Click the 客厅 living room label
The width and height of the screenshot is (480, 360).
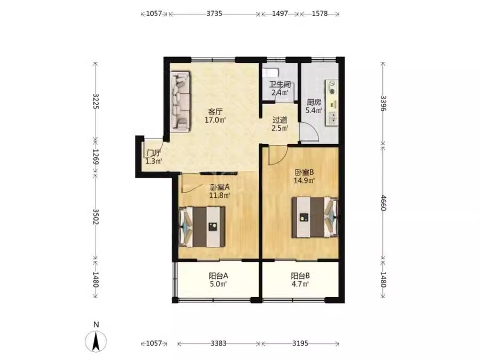tap(215, 111)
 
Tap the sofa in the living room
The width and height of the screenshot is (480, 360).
tap(181, 102)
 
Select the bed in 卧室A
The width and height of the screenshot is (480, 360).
tap(202, 227)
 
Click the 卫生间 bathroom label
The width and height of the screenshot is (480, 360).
tap(280, 84)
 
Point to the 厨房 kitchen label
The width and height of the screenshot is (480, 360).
tap(314, 102)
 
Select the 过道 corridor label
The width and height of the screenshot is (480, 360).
tap(280, 120)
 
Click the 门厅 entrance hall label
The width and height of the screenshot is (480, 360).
tap(154, 153)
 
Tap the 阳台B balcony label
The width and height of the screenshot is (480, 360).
tap(300, 276)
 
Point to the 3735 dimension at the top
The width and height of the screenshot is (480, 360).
tap(214, 14)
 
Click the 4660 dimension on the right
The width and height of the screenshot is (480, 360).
tap(383, 203)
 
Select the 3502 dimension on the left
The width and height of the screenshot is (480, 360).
tap(96, 217)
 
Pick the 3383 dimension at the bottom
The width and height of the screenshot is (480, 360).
tap(219, 343)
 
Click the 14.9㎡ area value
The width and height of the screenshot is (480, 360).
tap(305, 180)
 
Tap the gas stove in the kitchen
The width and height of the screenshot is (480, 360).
tap(331, 86)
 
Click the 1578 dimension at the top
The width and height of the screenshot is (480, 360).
tap(319, 14)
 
